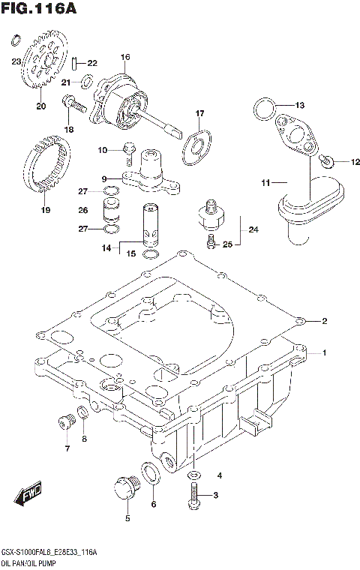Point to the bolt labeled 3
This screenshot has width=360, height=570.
click(194, 493)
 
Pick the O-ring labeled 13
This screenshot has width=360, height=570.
click(262, 108)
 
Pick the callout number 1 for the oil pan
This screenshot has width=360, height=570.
click(324, 352)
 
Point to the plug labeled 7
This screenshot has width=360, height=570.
click(63, 423)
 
